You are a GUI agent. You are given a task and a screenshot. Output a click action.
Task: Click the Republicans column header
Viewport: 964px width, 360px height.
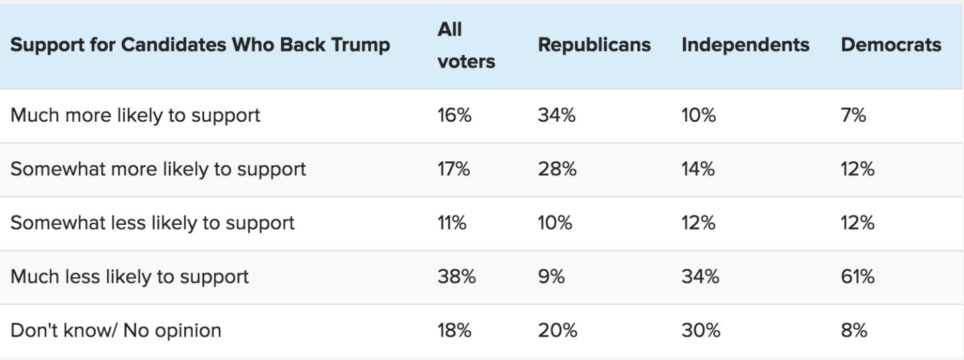[x=594, y=45]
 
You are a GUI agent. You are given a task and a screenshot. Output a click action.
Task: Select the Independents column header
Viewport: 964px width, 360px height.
[x=745, y=45]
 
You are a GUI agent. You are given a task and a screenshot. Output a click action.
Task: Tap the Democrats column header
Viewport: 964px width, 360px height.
[x=891, y=45]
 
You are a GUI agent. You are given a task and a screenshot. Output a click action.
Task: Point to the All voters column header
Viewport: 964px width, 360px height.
[x=466, y=45]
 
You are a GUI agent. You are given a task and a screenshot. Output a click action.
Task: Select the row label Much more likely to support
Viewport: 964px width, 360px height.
[x=135, y=115]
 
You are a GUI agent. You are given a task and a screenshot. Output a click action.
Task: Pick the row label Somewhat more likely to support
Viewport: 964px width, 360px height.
[x=158, y=169]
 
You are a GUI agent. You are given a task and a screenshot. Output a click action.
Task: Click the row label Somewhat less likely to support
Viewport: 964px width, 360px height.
[x=153, y=223]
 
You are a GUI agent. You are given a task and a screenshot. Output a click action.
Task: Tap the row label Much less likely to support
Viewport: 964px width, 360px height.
[x=130, y=276]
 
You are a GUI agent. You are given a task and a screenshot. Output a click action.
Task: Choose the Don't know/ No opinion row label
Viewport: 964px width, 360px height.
[x=116, y=331]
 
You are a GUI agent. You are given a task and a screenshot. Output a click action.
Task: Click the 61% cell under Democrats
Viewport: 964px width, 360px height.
[x=858, y=276]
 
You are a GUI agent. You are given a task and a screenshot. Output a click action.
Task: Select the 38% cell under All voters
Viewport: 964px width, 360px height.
[x=457, y=276]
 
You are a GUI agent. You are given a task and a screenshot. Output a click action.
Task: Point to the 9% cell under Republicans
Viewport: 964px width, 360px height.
[x=552, y=276]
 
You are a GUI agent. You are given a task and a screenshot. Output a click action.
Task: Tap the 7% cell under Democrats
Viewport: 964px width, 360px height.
[x=854, y=115]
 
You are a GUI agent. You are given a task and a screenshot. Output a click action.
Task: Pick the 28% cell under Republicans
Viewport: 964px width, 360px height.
[x=557, y=169]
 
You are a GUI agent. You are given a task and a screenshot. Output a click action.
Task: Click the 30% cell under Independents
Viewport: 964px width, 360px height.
[x=701, y=331]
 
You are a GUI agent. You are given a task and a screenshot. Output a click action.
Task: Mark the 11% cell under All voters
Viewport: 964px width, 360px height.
[x=452, y=223]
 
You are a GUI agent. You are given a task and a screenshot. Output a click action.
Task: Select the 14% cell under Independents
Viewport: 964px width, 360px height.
[x=698, y=169]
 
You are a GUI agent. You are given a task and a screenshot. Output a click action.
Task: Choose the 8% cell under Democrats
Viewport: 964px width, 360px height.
[x=854, y=331]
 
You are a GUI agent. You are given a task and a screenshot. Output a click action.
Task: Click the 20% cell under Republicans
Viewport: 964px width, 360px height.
[x=557, y=331]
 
